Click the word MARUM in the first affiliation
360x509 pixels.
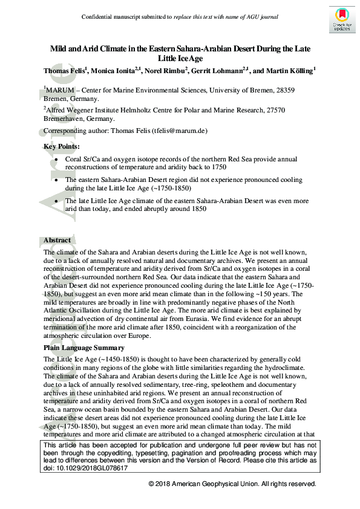[x=61, y=91]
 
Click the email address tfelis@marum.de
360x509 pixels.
[x=185, y=130]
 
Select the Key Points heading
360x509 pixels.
[x=61, y=146]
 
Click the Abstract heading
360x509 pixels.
[x=57, y=240]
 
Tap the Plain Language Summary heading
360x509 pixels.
[x=84, y=348]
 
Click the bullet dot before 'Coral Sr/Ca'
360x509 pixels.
[x=57, y=159]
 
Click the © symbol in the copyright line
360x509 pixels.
[x=151, y=484]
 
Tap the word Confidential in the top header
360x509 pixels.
[x=97, y=16]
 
